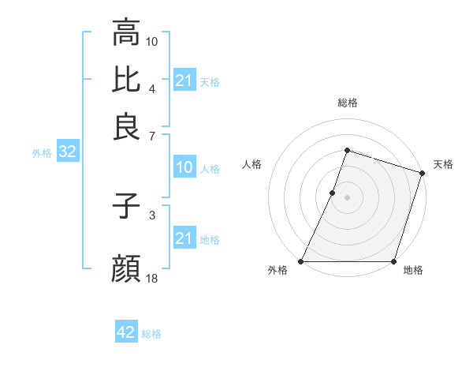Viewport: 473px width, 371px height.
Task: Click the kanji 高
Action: click(x=126, y=34)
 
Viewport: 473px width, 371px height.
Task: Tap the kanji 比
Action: click(x=126, y=79)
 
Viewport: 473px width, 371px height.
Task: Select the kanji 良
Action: click(x=126, y=126)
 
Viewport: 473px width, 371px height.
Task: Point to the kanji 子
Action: click(x=126, y=206)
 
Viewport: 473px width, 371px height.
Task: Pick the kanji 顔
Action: click(x=126, y=269)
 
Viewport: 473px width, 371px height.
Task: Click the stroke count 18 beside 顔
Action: click(x=152, y=278)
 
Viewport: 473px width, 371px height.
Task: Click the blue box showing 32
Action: click(x=67, y=152)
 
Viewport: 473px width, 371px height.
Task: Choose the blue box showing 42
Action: click(x=126, y=332)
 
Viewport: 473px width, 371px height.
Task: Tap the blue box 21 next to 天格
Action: click(x=184, y=81)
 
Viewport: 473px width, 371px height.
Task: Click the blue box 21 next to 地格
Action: click(x=184, y=238)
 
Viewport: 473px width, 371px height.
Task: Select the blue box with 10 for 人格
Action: click(x=184, y=167)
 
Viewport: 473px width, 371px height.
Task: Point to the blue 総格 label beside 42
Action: click(x=151, y=334)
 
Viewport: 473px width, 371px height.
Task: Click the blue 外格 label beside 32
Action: click(x=42, y=153)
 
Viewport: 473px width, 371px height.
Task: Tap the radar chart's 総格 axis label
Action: click(x=347, y=103)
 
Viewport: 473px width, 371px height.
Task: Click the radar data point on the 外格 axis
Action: click(x=301, y=261)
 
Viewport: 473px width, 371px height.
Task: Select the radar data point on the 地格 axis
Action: click(x=393, y=261)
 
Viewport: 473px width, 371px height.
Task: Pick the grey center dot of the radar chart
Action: click(x=347, y=197)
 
